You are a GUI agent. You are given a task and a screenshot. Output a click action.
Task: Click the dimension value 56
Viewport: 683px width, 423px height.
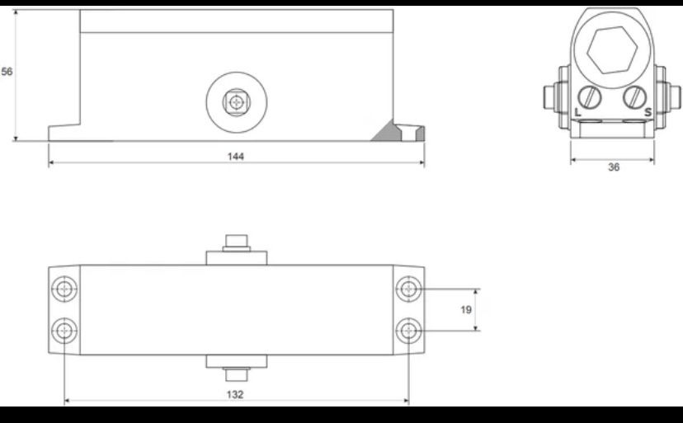[x=7, y=72]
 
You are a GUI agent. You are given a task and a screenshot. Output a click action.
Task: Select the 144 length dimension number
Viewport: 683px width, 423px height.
[x=236, y=157]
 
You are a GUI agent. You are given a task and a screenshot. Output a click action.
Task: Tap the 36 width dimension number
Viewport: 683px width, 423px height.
[x=614, y=167]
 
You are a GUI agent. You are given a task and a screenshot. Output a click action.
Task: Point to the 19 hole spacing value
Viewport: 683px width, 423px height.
[x=466, y=310]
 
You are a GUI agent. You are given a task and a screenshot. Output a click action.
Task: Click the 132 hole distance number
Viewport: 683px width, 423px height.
[x=235, y=395]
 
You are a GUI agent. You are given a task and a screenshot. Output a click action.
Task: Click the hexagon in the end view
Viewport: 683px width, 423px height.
[x=612, y=50]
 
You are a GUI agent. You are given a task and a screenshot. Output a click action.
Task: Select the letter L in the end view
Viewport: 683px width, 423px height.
[x=577, y=112]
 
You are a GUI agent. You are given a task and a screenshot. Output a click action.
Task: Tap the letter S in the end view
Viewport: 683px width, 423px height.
[x=648, y=112]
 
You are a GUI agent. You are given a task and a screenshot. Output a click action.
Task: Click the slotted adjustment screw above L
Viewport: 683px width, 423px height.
[x=590, y=97]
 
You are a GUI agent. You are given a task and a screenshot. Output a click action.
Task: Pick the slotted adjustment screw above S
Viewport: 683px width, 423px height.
[x=634, y=97]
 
